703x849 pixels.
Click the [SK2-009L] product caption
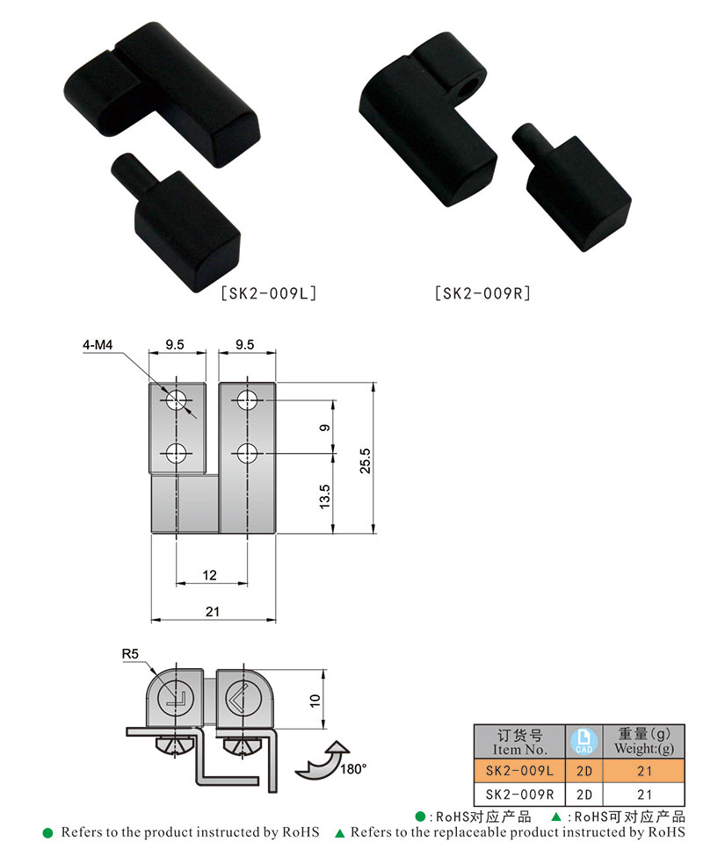coord(268,293)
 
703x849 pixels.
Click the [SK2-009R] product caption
coord(483,293)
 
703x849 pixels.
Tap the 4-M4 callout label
coord(98,346)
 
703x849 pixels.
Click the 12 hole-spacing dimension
coord(210,575)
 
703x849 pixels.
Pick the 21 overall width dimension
coord(212,612)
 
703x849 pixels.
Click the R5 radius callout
coord(131,653)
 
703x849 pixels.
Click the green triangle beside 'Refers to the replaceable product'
coord(340,831)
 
